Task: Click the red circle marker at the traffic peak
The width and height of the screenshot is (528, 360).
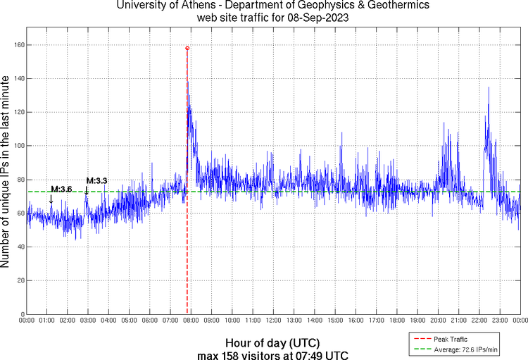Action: [x=187, y=48]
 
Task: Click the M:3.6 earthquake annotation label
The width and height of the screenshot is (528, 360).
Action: [x=62, y=189]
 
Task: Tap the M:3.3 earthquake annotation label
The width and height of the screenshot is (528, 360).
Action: [x=96, y=181]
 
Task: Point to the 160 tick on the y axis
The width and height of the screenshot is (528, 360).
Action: [x=17, y=45]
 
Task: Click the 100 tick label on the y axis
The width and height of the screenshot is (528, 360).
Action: [x=17, y=146]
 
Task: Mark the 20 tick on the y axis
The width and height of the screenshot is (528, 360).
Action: [x=19, y=280]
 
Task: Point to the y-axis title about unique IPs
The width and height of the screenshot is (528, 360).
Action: [x=6, y=172]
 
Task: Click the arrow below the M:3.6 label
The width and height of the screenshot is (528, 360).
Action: [x=51, y=199]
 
